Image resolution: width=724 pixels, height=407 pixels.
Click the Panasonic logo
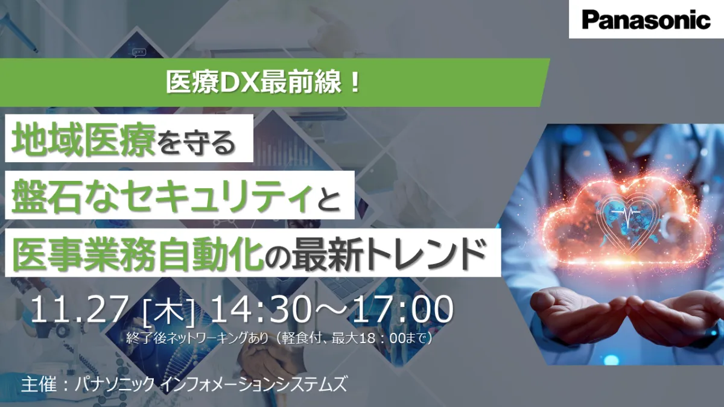(646, 20)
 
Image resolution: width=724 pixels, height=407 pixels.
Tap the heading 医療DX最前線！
(263, 83)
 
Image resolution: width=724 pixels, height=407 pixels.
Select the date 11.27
(78, 309)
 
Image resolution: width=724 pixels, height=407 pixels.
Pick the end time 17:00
(403, 309)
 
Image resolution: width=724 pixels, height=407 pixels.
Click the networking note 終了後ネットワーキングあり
(197, 338)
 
